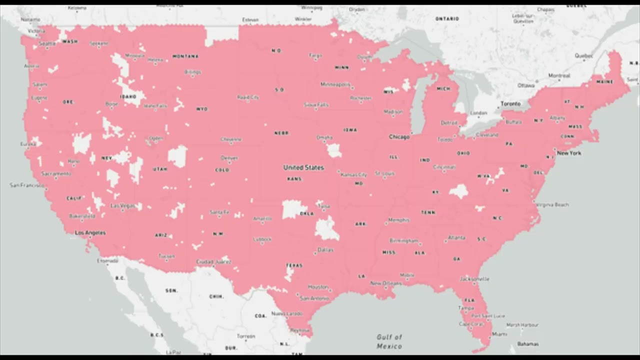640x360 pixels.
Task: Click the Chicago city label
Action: click(399, 136)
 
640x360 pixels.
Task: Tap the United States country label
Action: click(303, 167)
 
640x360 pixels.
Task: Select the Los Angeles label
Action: click(90, 233)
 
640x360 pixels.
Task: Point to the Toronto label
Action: click(510, 104)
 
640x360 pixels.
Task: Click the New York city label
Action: click(569, 153)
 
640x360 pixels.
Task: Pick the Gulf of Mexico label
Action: click(389, 341)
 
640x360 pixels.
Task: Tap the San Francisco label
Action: click(27, 185)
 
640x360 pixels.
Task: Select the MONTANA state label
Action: click(185, 56)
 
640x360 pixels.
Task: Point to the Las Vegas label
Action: click(122, 205)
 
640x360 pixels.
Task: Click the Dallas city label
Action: click(325, 249)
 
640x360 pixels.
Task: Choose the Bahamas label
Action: click(528, 344)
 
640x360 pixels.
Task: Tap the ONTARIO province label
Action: click(447, 19)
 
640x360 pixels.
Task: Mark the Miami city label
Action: click(499, 334)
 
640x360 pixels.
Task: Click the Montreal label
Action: click(559, 76)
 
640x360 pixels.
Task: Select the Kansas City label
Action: click(354, 175)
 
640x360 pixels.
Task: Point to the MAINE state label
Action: click(604, 82)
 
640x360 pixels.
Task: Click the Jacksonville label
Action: click(474, 278)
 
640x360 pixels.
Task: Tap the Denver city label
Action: click(229, 158)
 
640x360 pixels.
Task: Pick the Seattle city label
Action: click(47, 44)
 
